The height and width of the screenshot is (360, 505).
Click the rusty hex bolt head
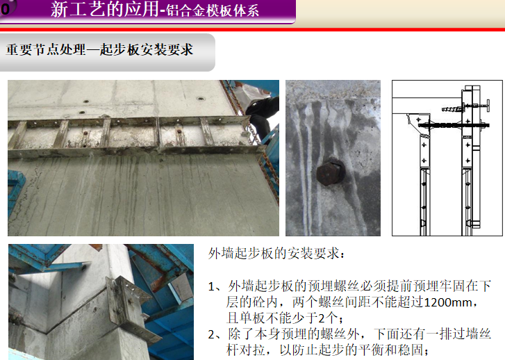(331, 173)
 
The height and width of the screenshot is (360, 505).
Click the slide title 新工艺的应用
(105, 9)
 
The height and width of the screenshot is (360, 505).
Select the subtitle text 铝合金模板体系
(213, 10)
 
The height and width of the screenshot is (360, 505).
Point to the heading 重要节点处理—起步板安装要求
(99, 49)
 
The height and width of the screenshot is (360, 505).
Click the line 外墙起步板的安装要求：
(277, 254)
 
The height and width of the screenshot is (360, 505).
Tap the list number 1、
(215, 286)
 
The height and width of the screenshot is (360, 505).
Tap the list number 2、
(215, 334)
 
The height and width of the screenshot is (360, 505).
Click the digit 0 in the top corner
(5, 9)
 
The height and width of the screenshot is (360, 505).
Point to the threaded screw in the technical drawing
(452, 109)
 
